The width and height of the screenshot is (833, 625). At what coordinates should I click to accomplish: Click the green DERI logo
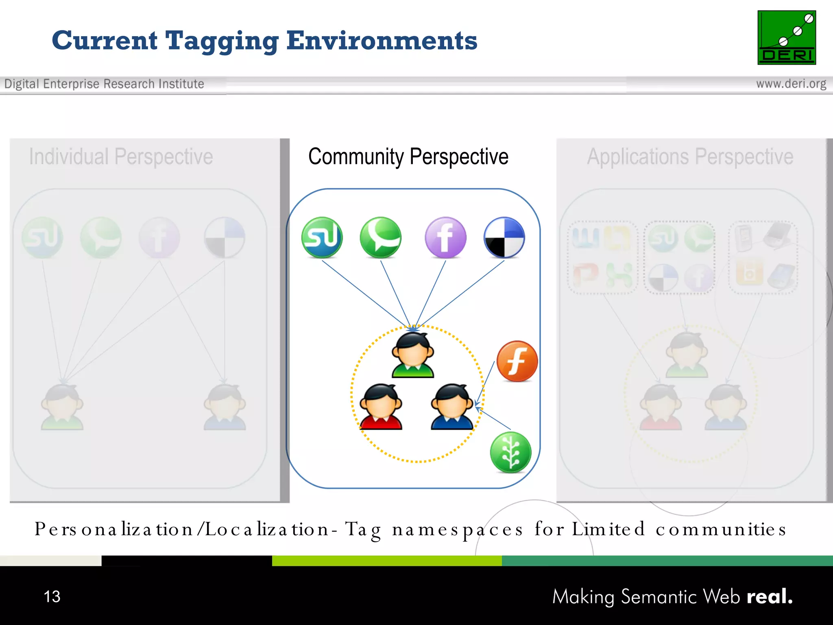pos(786,37)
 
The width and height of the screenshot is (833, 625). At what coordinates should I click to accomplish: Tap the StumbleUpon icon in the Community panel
pos(322,238)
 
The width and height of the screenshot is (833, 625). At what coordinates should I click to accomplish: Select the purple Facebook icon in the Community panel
pos(445,238)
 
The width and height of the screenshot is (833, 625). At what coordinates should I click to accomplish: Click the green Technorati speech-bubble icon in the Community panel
pos(380,238)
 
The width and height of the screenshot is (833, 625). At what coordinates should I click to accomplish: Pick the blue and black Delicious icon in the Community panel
pos(504,238)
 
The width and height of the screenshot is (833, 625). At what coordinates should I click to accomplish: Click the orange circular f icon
pos(517,361)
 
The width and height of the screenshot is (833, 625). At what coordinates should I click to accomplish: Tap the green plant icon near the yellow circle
pos(510,452)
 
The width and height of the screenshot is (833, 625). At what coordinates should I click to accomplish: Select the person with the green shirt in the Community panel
pos(413,356)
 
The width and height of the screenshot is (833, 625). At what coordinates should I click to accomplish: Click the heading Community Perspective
pos(408,157)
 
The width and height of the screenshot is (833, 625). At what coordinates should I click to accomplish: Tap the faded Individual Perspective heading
pos(121,157)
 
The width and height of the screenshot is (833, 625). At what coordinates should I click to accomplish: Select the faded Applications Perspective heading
pos(690,157)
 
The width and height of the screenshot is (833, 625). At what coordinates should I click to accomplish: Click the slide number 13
pos(52,597)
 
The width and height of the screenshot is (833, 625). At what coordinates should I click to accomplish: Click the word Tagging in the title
pos(222,41)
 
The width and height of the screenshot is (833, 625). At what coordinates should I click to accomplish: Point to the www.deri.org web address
pos(791,84)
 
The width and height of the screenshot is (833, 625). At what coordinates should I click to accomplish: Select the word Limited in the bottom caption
pos(608,529)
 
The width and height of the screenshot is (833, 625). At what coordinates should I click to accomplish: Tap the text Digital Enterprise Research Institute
pos(104,84)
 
